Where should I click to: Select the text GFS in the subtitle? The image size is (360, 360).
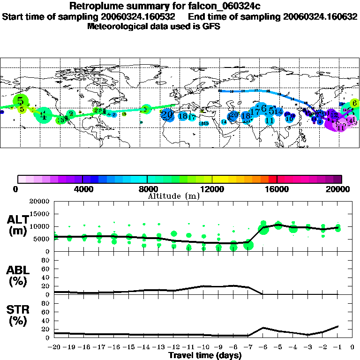211,26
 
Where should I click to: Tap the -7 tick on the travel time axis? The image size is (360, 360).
248,347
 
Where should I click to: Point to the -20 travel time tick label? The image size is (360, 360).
55,347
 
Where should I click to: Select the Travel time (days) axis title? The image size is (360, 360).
205,356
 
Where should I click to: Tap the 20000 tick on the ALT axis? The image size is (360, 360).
40,202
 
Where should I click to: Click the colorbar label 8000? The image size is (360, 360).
148,189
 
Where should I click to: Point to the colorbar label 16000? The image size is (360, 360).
277,189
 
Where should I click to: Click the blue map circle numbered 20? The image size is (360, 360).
167,114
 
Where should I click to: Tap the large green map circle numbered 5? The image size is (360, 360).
21,100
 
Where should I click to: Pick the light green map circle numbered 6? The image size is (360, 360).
355,103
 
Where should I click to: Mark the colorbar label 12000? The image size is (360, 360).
212,189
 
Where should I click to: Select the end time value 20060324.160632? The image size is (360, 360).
319,16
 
